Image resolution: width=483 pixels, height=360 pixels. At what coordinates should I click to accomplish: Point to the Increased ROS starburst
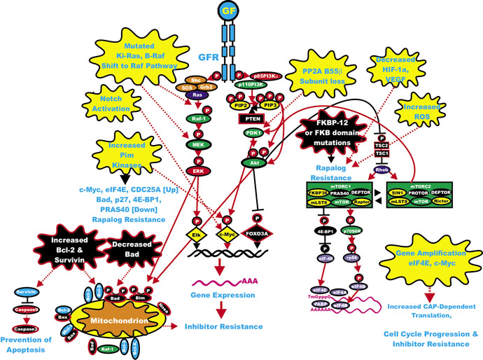pos(419,111)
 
